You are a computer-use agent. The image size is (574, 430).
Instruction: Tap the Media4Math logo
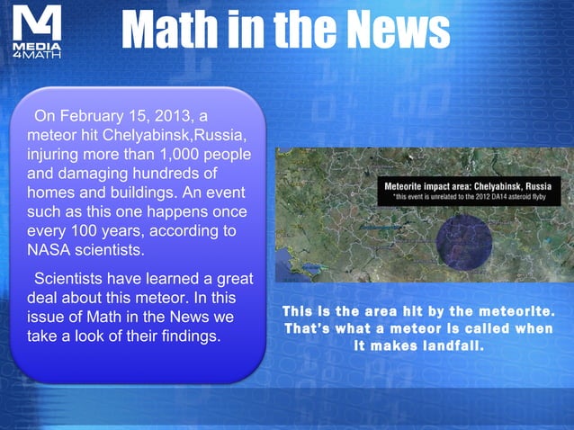point(37,35)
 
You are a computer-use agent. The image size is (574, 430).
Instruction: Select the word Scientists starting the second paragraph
point(76,279)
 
